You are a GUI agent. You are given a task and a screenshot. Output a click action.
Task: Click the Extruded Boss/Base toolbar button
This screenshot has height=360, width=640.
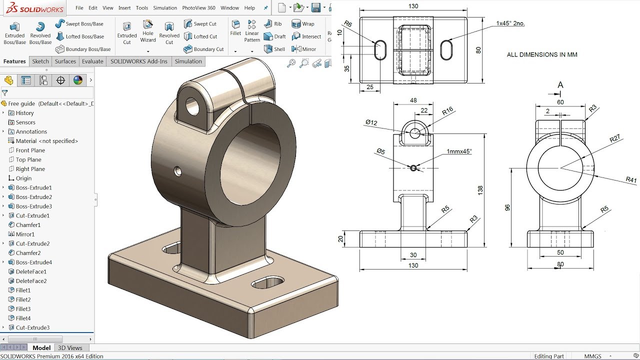(14, 32)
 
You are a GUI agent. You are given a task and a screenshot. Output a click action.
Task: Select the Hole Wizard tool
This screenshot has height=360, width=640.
(148, 31)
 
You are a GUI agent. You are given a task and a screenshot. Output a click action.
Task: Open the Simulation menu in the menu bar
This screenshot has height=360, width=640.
(165, 8)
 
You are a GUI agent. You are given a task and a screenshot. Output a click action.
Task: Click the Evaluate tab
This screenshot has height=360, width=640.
(92, 61)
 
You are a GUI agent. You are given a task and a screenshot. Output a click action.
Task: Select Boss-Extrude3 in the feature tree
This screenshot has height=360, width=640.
(33, 206)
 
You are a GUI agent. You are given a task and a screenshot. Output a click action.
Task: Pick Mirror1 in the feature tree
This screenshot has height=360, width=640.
(25, 234)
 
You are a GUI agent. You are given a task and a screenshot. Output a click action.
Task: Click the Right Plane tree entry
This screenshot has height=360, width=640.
(30, 169)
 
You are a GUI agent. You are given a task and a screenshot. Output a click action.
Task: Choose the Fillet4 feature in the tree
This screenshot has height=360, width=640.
(23, 318)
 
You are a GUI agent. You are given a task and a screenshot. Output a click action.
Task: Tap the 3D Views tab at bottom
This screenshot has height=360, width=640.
(70, 348)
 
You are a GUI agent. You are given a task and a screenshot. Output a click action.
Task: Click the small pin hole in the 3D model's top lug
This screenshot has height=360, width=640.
(191, 105)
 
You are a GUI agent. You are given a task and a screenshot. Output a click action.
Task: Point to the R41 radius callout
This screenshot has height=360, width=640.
(631, 179)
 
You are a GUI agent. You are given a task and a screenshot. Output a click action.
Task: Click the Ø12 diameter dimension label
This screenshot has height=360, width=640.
(371, 122)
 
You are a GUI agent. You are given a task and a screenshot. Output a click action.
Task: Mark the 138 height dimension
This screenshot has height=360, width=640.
(480, 190)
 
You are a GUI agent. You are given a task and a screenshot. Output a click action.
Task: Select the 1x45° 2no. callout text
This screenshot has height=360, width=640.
(510, 23)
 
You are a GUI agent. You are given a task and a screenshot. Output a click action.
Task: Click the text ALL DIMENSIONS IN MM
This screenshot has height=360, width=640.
(542, 55)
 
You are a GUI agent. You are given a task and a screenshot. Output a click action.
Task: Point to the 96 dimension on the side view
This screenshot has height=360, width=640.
(508, 207)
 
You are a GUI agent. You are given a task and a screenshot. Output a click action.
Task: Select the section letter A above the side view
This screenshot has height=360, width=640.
(560, 85)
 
